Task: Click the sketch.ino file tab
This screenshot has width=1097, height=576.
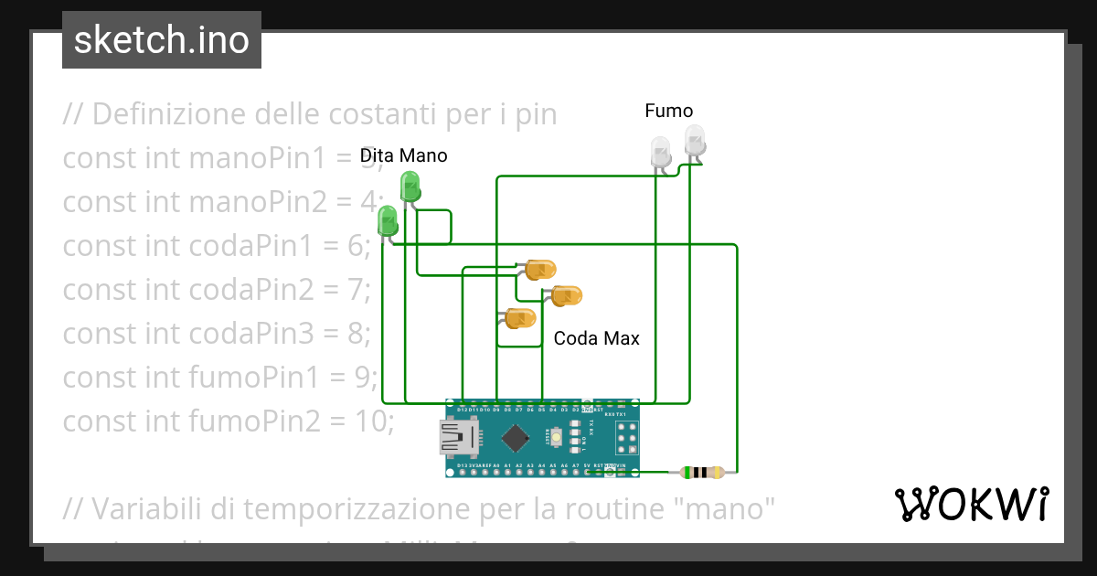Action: (x=162, y=40)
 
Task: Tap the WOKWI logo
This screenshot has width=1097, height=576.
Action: (x=971, y=504)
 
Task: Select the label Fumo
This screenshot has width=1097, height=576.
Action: (x=668, y=111)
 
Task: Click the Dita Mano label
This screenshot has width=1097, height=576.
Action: (x=403, y=155)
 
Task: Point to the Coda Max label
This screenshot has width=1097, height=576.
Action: (x=596, y=338)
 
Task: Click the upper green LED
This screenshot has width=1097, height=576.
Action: (x=410, y=187)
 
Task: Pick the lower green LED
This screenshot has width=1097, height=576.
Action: (x=388, y=221)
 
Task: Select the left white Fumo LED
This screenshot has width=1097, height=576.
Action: (x=660, y=151)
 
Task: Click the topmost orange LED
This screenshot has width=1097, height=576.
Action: (x=539, y=270)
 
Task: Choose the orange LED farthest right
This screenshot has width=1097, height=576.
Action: (x=567, y=296)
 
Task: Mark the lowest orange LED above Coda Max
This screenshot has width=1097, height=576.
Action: (x=520, y=319)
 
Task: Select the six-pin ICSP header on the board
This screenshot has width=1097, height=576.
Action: (x=627, y=438)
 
